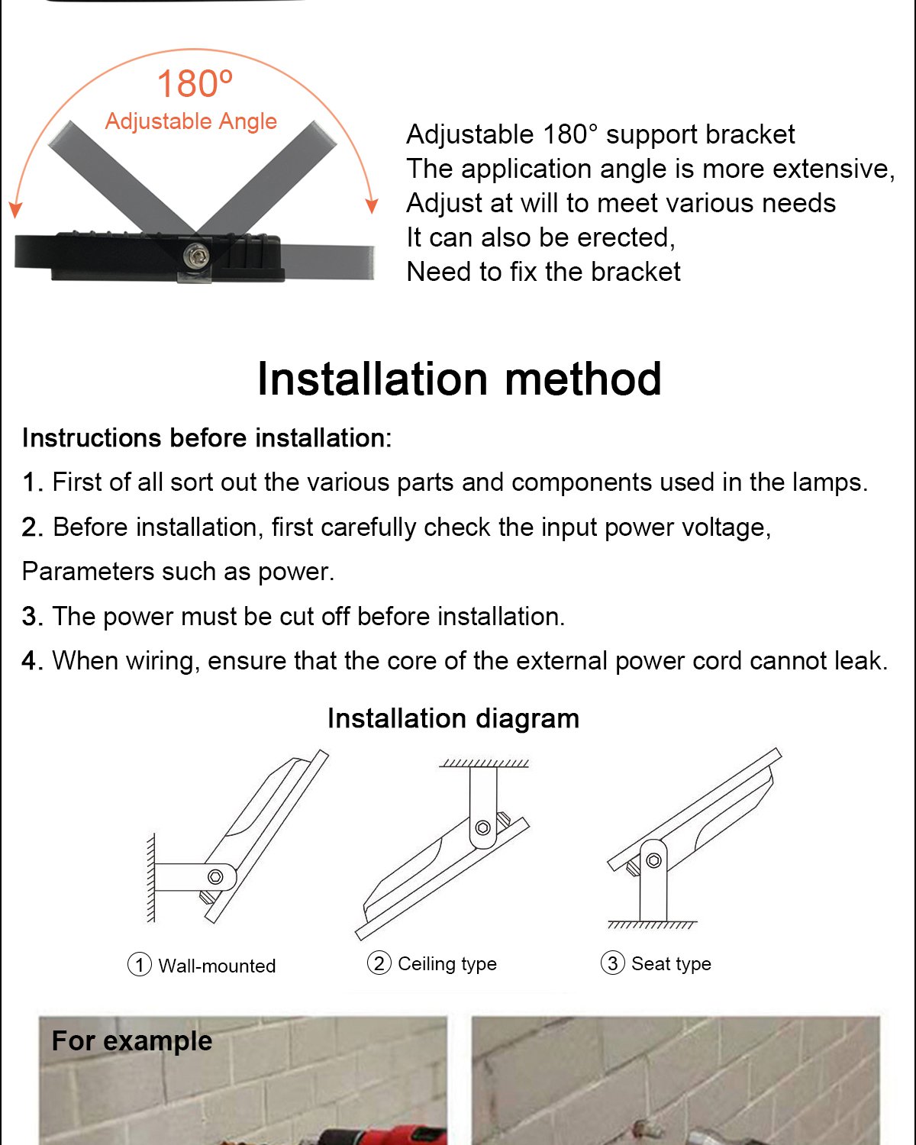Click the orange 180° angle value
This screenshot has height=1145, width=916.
pyautogui.click(x=194, y=84)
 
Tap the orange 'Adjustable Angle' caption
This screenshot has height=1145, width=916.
pyautogui.click(x=191, y=121)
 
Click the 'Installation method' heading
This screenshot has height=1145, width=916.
pyautogui.click(x=459, y=379)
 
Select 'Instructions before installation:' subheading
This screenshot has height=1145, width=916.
pyautogui.click(x=206, y=438)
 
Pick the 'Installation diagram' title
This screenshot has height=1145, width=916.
pyautogui.click(x=453, y=719)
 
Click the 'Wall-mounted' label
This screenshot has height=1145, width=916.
pyautogui.click(x=217, y=966)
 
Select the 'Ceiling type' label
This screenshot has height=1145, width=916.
pyautogui.click(x=447, y=964)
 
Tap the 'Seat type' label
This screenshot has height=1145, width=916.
pyautogui.click(x=671, y=964)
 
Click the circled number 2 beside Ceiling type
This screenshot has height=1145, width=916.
pyautogui.click(x=379, y=963)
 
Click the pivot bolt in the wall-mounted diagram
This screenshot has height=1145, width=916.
pyautogui.click(x=215, y=876)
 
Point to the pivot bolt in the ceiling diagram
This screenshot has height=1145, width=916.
pyautogui.click(x=482, y=827)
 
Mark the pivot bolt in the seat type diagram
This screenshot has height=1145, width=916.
pyautogui.click(x=653, y=860)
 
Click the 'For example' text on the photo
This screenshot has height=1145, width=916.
pyautogui.click(x=132, y=1041)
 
